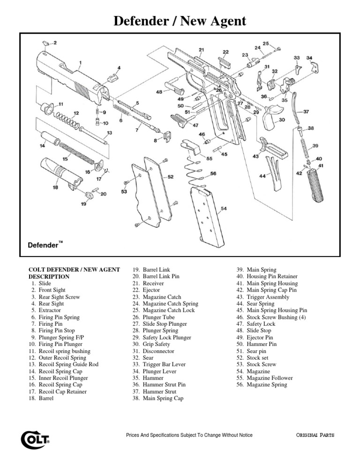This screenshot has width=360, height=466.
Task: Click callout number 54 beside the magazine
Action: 224,208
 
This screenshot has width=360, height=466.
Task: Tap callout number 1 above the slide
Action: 80,62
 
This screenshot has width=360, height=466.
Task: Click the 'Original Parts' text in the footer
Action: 315,435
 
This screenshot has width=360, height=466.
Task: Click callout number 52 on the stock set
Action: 170,177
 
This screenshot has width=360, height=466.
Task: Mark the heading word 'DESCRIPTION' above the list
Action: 49,277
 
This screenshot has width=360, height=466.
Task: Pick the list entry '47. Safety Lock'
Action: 255,324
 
